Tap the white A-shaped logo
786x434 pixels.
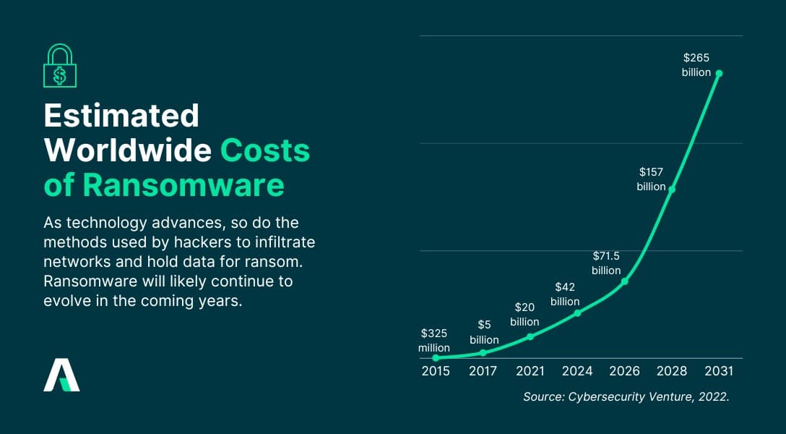pos(61,375)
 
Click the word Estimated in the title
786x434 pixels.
pos(121,116)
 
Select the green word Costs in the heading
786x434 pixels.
pos(265,150)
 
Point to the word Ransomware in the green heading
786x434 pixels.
pos(183,185)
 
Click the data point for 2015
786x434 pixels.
pos(436,357)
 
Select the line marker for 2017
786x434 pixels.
pos(483,352)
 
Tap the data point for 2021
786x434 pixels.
pos(530,336)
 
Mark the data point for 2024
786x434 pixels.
pos(577,312)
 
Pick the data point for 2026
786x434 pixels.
pos(625,281)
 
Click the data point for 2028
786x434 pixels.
pos(672,190)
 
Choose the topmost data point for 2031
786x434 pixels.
pos(719,73)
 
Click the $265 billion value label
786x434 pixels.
pos(696,65)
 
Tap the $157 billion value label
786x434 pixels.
pos(651,179)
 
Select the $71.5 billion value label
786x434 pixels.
pos(606,263)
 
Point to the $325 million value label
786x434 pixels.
pos(434,341)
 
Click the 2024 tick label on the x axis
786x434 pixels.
pos(577,371)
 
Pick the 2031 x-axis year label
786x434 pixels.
pos(719,371)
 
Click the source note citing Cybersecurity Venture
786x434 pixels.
pos(626,396)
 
